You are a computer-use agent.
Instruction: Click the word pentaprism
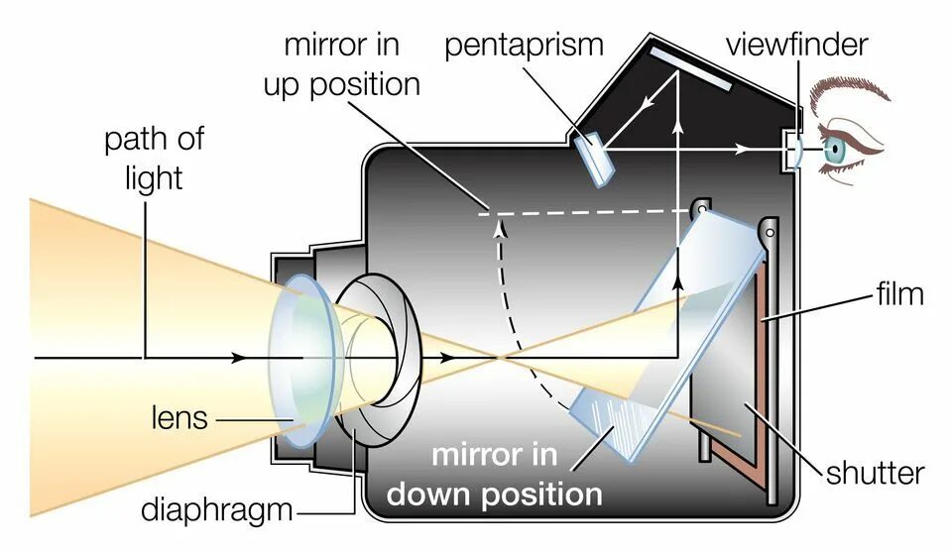524,46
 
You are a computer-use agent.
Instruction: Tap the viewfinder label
796,46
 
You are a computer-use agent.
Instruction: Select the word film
899,294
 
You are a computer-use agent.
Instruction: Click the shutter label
875,472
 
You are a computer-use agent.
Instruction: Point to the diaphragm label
217,510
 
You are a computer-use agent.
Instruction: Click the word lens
179,417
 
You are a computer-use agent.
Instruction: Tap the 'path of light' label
154,159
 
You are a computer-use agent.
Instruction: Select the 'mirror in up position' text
341,64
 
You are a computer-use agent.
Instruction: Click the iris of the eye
834,150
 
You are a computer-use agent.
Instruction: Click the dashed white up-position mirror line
585,211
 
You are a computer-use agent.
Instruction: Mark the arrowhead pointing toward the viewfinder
742,150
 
